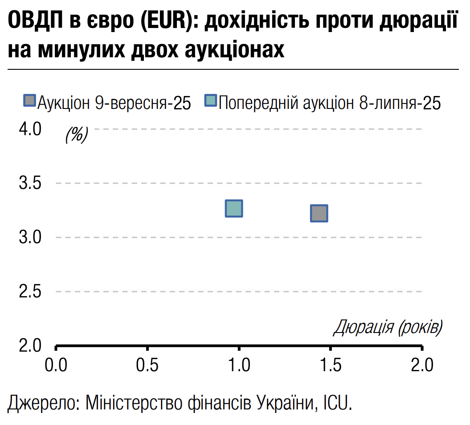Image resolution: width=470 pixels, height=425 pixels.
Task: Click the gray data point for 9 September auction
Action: click(319, 213)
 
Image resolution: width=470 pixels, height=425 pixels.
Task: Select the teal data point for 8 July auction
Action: click(234, 208)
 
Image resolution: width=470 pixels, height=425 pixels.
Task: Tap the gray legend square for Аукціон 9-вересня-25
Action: click(29, 100)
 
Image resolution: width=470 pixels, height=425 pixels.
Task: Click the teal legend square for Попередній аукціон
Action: click(210, 100)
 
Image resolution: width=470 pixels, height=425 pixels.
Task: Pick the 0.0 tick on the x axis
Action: click(56, 365)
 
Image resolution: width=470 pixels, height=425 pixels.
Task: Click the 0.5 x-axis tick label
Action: click(147, 365)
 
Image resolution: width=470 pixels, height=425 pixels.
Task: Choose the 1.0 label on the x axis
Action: click(239, 365)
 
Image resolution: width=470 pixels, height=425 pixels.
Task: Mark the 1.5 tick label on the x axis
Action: click(331, 365)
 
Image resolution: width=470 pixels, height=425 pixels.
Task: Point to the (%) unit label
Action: click(77, 134)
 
